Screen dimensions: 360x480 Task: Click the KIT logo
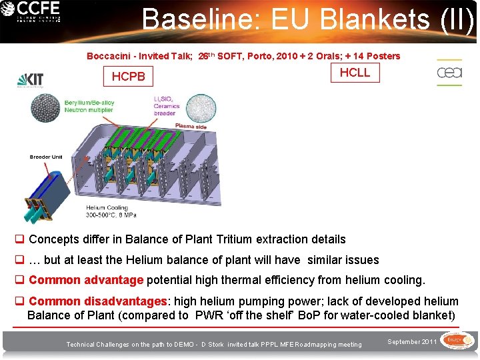click(x=30, y=80)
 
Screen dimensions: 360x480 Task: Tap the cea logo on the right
click(x=449, y=73)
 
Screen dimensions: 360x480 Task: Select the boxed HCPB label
click(x=128, y=77)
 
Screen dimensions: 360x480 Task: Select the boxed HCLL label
click(x=355, y=73)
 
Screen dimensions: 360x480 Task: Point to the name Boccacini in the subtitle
click(x=109, y=56)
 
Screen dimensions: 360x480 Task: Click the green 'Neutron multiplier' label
click(x=89, y=110)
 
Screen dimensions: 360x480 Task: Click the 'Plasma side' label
click(x=191, y=126)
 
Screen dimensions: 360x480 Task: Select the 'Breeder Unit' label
click(x=46, y=157)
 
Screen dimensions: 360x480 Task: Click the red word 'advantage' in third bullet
click(x=114, y=281)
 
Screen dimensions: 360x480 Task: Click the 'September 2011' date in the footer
click(x=413, y=341)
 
